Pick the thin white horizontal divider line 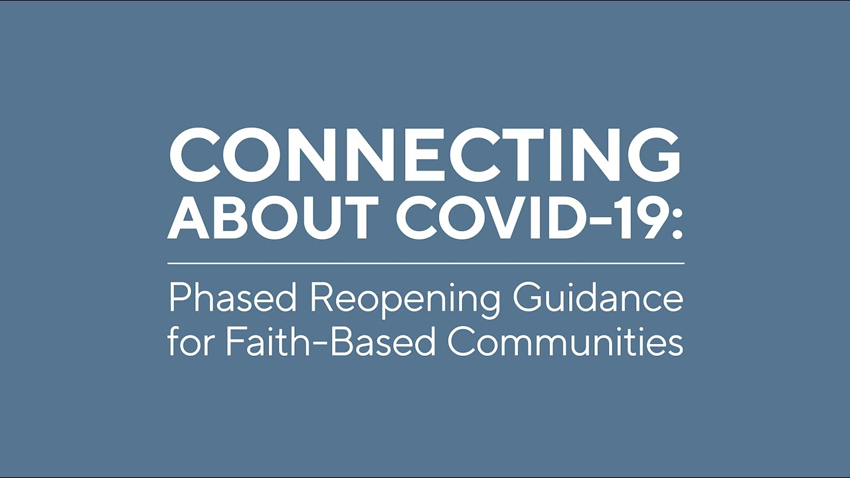[x=426, y=263]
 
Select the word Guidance [x=598, y=299]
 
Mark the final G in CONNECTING [x=653, y=155]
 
